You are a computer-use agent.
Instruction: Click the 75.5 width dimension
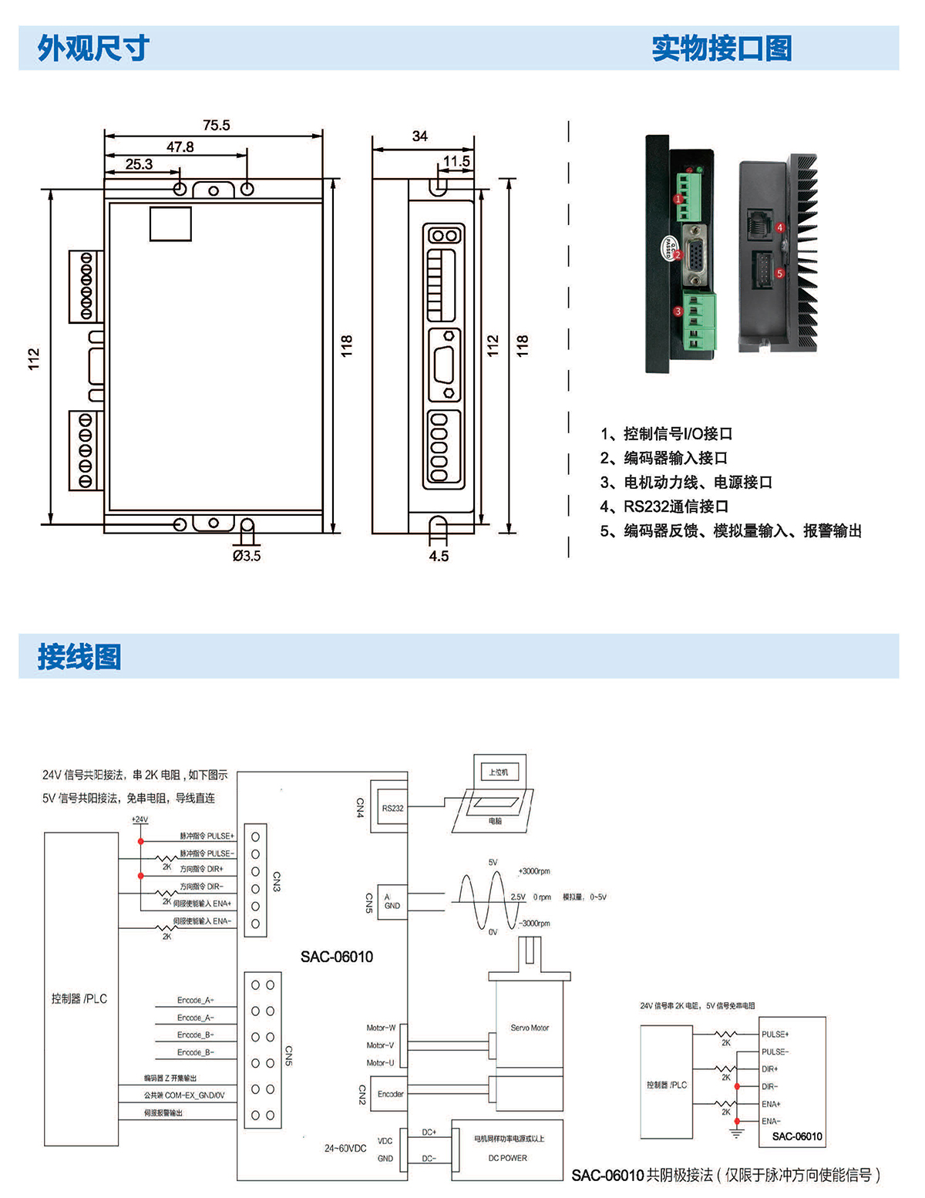[216, 125]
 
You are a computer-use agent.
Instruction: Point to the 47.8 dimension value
[180, 146]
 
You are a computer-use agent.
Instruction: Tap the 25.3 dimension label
[139, 164]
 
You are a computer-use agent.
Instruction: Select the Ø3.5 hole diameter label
[247, 555]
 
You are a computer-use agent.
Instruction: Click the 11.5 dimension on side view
[456, 161]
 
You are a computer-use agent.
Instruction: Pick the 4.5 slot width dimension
[439, 556]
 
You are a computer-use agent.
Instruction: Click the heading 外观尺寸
[93, 48]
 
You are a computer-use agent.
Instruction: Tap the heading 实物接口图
[721, 48]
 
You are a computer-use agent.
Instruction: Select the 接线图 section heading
[79, 657]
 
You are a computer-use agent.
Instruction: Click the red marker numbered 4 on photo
[780, 227]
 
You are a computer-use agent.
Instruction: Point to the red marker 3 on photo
[678, 311]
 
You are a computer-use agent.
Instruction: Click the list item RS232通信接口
[664, 506]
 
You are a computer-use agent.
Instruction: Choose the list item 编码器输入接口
[664, 458]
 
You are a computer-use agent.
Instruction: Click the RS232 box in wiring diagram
[392, 808]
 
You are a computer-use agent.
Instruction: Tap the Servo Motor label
[530, 1028]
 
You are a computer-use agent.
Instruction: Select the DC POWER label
[507, 1158]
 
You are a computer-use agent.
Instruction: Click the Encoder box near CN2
[390, 1094]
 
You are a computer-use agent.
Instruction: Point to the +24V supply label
[140, 819]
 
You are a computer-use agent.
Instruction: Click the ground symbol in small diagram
[737, 1133]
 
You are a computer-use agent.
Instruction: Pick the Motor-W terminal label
[381, 1028]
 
